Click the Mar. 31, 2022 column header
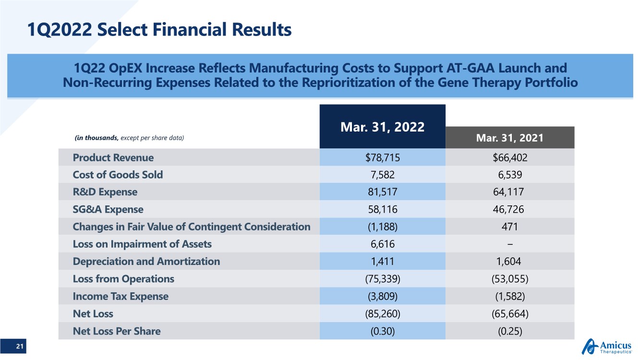point(382,127)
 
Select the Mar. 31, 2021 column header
point(510,138)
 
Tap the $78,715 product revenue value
point(383,157)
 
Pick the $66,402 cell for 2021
point(510,157)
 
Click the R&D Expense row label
point(105,192)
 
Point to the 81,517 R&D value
point(383,192)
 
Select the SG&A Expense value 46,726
point(508,209)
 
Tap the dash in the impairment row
point(510,244)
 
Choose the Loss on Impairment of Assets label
point(142,244)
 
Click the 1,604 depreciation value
point(508,262)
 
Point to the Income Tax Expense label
point(121,296)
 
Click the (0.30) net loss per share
point(383,331)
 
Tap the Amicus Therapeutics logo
point(606,347)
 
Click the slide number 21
point(19,346)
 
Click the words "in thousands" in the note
point(97,138)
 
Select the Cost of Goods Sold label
point(118,175)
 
